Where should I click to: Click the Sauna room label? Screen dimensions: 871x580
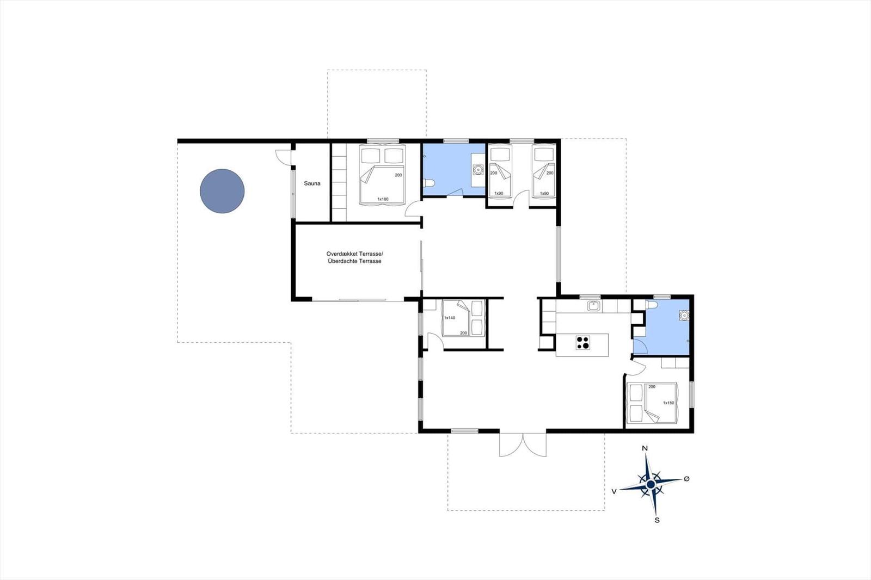[x=312, y=183]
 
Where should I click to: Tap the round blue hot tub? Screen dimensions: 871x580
[x=222, y=191]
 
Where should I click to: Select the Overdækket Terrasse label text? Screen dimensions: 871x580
[x=355, y=254]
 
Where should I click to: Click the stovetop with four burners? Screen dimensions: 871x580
[x=582, y=342]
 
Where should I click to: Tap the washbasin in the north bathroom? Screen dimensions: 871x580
[x=477, y=170]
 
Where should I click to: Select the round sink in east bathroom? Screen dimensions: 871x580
[x=684, y=315]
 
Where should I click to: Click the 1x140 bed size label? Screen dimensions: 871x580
[x=450, y=318]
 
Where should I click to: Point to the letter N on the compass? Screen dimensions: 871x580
[x=645, y=448]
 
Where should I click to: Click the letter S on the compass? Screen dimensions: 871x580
[x=657, y=520]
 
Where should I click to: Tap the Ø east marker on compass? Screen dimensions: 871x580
[x=686, y=479]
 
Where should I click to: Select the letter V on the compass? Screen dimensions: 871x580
[x=614, y=491]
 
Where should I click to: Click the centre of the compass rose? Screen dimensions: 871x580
[x=651, y=485]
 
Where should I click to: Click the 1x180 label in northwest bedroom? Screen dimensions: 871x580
[x=383, y=199]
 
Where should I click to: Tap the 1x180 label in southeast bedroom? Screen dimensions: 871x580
[x=668, y=403]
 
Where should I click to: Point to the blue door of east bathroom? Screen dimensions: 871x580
[x=640, y=346]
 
